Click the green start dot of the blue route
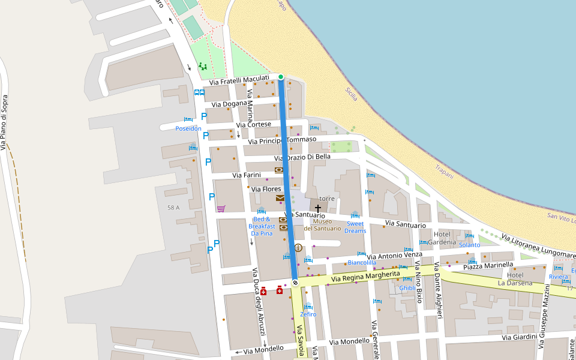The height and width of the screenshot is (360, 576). [x=281, y=77]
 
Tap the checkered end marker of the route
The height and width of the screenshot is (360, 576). [x=295, y=282]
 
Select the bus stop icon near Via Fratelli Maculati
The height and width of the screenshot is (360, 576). [x=199, y=92]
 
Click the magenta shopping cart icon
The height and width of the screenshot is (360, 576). [x=221, y=209]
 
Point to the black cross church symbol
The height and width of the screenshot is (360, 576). [x=318, y=209]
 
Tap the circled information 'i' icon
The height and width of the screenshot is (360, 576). [x=298, y=247]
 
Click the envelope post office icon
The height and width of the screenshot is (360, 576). [x=280, y=198]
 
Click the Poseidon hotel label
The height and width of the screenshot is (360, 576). [x=188, y=128]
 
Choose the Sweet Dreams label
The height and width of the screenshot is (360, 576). [x=355, y=227]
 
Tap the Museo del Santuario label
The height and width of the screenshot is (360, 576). [x=326, y=224]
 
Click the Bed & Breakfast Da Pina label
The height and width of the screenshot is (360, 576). [x=262, y=226]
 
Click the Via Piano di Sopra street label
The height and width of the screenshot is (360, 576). [x=5, y=122]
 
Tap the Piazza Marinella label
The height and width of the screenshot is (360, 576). [x=488, y=265]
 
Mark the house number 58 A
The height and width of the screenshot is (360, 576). [x=173, y=208]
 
